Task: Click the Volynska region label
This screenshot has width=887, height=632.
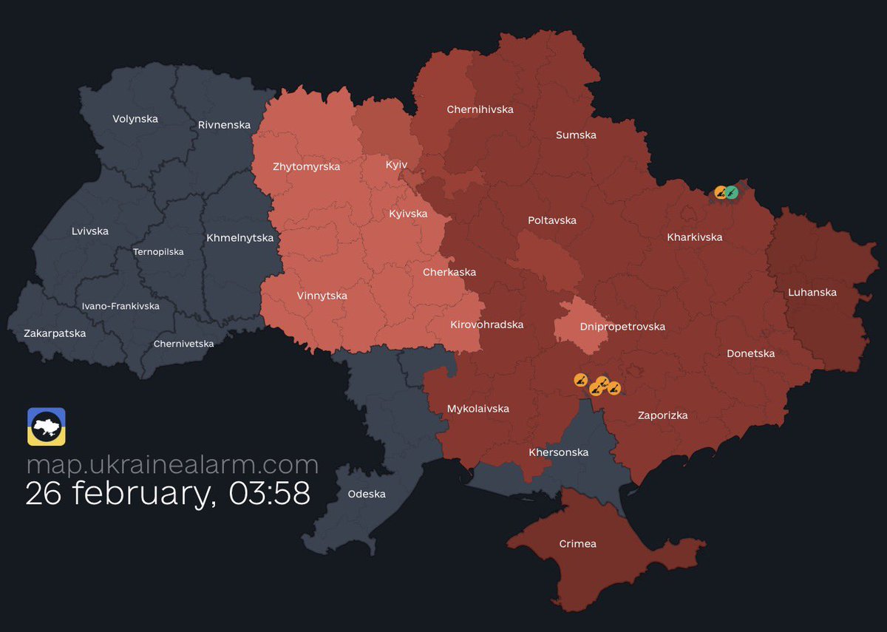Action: [x=135, y=118]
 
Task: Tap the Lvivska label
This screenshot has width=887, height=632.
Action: [x=90, y=231]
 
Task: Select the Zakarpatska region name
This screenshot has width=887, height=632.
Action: [x=55, y=333]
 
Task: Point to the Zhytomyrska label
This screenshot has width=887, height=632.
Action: [x=306, y=166]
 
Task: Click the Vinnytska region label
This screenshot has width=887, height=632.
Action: [x=322, y=296]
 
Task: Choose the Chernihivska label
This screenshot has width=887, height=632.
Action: [x=480, y=109]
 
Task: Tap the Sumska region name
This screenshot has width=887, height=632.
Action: [x=576, y=135]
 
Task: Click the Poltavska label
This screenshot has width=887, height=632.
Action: [x=551, y=220]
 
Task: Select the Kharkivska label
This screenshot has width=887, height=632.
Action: [x=694, y=237]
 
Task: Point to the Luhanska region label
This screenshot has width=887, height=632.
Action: [x=812, y=292]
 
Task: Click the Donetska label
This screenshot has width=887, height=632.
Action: [x=750, y=353]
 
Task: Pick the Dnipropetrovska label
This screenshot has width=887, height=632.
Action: [x=622, y=326]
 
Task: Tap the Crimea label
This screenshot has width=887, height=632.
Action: [x=577, y=543]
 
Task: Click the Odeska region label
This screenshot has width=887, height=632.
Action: [x=367, y=494]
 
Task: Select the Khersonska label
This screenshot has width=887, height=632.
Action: [x=558, y=452]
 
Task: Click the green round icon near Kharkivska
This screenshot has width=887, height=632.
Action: [x=732, y=192]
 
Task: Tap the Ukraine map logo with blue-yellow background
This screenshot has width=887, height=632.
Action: [x=47, y=427]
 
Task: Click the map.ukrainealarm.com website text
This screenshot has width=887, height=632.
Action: [x=172, y=465]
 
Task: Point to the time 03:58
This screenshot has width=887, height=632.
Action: [x=270, y=494]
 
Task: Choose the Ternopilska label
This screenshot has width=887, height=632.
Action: [x=158, y=251]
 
